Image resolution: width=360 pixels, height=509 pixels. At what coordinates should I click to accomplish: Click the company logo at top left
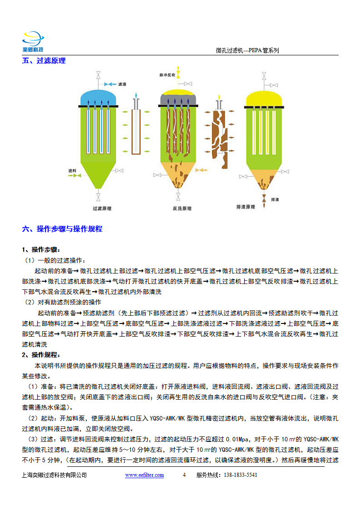(33, 42)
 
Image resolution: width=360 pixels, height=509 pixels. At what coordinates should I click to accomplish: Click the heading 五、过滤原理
(44, 61)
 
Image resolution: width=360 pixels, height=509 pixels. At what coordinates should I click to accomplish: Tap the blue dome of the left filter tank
(98, 97)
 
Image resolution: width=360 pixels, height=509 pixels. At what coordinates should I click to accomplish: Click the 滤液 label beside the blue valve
(122, 84)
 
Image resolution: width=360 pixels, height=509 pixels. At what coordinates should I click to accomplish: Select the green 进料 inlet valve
(77, 176)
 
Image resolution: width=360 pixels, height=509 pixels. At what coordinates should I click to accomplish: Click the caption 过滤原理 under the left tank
(102, 208)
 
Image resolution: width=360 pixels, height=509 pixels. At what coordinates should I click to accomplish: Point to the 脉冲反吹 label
(167, 75)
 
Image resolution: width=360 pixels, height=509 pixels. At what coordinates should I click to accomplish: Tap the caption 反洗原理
(182, 208)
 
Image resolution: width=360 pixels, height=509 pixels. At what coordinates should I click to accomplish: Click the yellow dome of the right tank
(264, 98)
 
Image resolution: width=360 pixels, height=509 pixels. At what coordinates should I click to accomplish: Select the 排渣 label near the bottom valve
(275, 200)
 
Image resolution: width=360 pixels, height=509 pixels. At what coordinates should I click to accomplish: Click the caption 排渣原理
(246, 207)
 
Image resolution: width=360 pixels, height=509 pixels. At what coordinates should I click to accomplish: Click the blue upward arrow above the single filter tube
(136, 95)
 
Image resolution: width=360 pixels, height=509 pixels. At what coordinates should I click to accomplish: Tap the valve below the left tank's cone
(98, 197)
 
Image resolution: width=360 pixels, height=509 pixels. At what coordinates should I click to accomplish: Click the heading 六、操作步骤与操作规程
(62, 229)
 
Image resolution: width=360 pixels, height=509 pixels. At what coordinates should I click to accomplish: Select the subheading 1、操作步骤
(41, 250)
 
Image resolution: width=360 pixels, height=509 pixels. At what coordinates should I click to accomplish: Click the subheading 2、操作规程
(41, 355)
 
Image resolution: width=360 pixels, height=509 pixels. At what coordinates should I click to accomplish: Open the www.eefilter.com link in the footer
(144, 475)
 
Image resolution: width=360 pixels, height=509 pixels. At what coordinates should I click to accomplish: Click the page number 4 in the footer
(184, 475)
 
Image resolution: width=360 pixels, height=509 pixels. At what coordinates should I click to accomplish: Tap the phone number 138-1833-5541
(241, 475)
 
